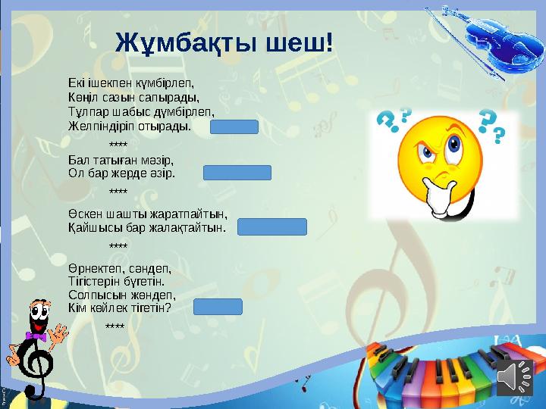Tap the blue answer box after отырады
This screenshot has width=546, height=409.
[234, 126]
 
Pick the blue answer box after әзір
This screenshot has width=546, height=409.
[237, 173]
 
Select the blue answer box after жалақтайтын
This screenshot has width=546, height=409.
[272, 226]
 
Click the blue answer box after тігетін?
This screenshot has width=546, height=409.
[218, 307]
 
